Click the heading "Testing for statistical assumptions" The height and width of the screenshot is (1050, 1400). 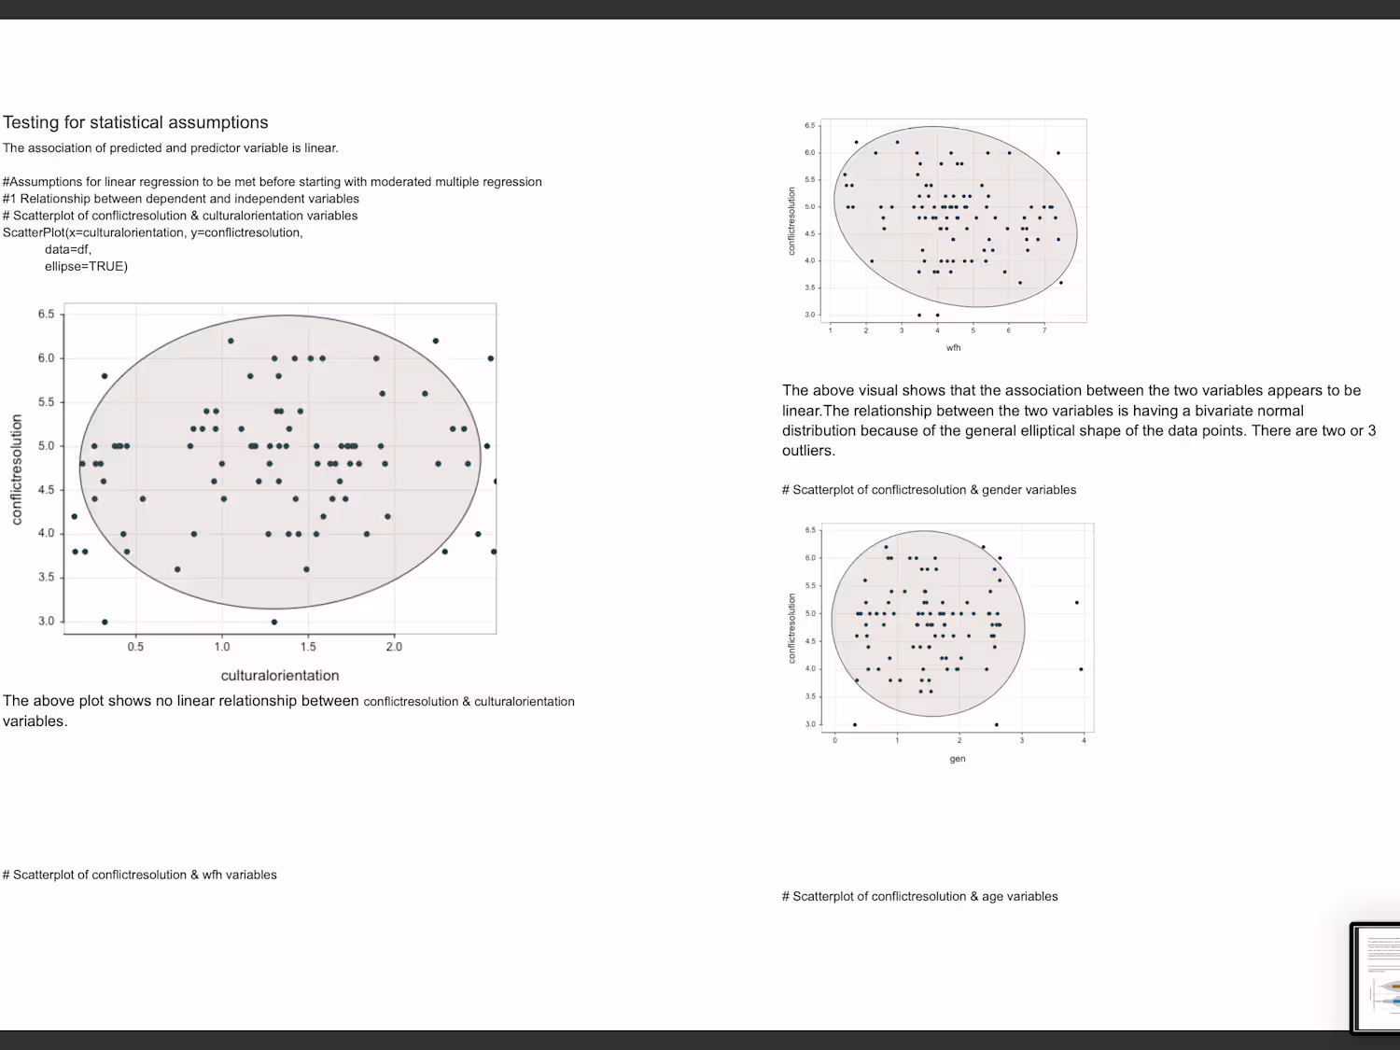pyautogui.click(x=135, y=122)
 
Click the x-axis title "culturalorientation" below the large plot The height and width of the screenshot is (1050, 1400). pyautogui.click(x=280, y=675)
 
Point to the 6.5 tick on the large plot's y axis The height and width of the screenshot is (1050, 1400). pyautogui.click(x=46, y=315)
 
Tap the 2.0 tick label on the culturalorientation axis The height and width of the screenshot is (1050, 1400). pyautogui.click(x=394, y=647)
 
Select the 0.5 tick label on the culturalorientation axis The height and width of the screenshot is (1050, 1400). pyautogui.click(x=135, y=647)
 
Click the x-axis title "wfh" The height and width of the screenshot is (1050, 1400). pyautogui.click(x=953, y=348)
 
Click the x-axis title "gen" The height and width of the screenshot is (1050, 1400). pyautogui.click(x=958, y=759)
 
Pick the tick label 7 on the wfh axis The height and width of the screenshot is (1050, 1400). pyautogui.click(x=1044, y=330)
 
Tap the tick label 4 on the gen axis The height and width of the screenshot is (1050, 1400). pyautogui.click(x=1084, y=741)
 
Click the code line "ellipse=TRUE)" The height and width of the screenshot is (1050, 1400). pyautogui.click(x=86, y=266)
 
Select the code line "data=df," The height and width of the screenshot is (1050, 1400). pyautogui.click(x=68, y=249)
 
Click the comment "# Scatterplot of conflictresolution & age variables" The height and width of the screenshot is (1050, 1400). pyautogui.click(x=919, y=896)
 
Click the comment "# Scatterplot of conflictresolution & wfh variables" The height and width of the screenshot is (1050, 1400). pyautogui.click(x=140, y=875)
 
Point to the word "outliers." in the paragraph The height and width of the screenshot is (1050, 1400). pyautogui.click(x=808, y=451)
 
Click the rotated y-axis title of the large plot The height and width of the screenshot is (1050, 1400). pyautogui.click(x=16, y=470)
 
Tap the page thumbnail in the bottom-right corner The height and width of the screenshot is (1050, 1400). pyautogui.click(x=1376, y=977)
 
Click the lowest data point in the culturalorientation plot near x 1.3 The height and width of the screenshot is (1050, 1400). pyautogui.click(x=273, y=622)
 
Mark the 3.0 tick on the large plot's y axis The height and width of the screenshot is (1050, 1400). pyautogui.click(x=46, y=622)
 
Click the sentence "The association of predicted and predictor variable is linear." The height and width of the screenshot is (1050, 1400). pyautogui.click(x=171, y=147)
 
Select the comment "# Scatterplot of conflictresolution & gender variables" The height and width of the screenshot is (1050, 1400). pyautogui.click(x=929, y=490)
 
